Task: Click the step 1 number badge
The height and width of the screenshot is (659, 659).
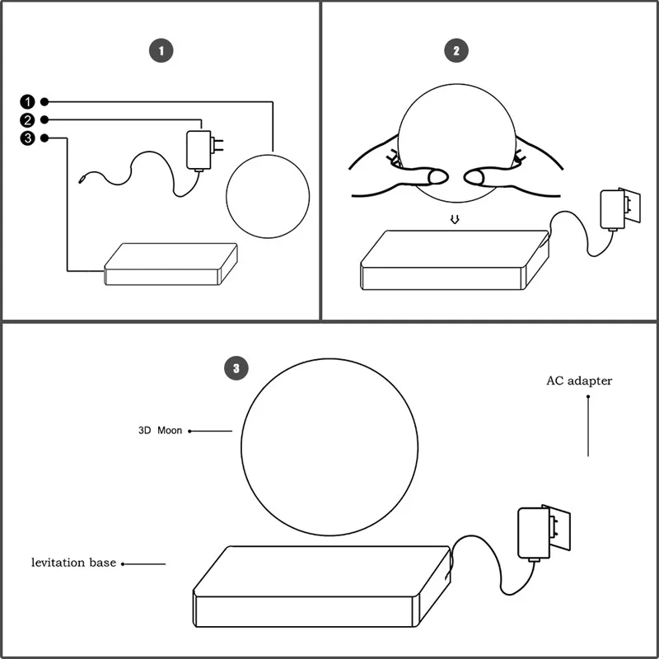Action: [x=161, y=51]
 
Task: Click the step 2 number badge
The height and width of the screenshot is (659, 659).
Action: [x=456, y=51]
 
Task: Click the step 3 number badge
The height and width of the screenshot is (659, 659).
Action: [x=236, y=369]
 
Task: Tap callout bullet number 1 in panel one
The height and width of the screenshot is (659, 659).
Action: [x=28, y=101]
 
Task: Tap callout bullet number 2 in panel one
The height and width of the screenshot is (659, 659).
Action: [x=28, y=119]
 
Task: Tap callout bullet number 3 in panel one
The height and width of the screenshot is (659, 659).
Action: [x=28, y=138]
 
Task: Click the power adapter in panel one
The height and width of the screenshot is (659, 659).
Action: [x=199, y=149]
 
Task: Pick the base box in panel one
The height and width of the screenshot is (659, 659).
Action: [x=171, y=264]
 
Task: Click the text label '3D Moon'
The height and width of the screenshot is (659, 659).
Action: [x=161, y=431]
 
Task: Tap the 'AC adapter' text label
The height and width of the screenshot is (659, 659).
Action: [x=579, y=381]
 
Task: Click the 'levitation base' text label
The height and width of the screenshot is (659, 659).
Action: [x=73, y=563]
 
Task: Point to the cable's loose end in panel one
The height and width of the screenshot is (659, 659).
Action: [x=82, y=179]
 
